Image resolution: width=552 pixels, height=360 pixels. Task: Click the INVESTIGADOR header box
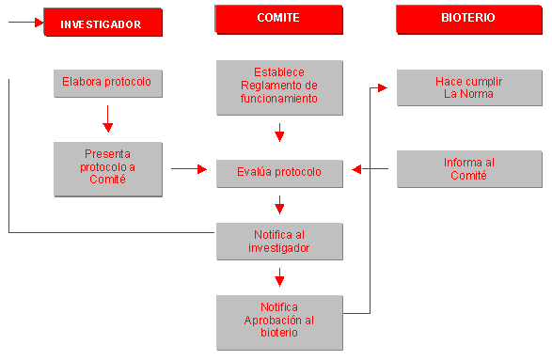point(102,23)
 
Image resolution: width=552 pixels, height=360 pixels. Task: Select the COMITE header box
point(278,19)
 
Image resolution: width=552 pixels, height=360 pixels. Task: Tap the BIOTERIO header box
point(467,19)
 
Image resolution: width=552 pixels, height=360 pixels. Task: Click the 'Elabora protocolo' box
point(108,82)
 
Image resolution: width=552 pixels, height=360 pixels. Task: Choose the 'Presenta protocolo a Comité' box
point(108,167)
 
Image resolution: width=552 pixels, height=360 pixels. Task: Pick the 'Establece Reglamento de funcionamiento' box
point(278,86)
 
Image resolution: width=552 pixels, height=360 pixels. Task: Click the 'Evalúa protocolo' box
point(278,172)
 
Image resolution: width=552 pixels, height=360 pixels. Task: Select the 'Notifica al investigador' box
point(278,241)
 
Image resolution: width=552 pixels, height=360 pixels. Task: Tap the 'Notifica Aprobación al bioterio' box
point(278,320)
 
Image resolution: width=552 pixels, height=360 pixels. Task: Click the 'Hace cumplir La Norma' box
point(468,87)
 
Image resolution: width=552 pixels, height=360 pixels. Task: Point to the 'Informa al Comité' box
point(468,169)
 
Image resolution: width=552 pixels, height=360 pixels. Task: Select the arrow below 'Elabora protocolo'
point(108,119)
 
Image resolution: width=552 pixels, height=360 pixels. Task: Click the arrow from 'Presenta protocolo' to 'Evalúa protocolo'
point(189,169)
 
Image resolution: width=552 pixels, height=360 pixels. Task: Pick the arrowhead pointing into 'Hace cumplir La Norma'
point(382,87)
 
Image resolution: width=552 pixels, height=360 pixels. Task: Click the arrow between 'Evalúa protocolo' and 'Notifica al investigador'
point(279,205)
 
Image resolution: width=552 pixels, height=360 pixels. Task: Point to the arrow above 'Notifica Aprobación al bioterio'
point(279,277)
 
